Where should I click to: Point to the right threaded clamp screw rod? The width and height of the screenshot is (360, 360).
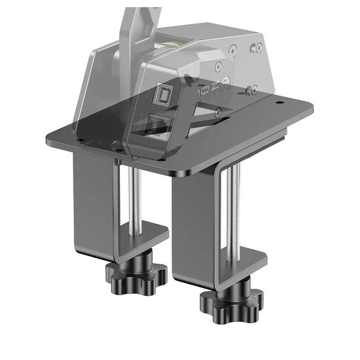(234, 209)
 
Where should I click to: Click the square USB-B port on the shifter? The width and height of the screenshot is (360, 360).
(162, 96)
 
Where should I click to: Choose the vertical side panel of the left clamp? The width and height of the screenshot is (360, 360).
(92, 190)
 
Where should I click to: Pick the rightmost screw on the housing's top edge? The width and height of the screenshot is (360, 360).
(259, 47)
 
